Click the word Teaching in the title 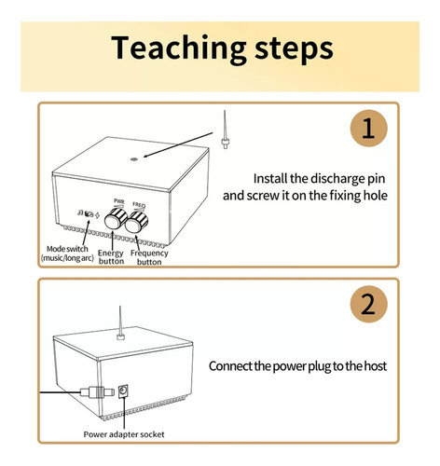[179, 48]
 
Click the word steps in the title [294, 49]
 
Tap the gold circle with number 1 [368, 128]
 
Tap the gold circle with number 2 [368, 304]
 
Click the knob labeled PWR [116, 219]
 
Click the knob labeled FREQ [136, 222]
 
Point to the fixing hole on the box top [134, 159]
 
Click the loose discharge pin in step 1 [225, 130]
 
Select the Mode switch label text [67, 254]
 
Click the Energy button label [111, 257]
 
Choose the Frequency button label [149, 257]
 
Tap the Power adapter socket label [124, 434]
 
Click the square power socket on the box [123, 391]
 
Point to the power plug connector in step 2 [97, 392]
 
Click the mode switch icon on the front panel [89, 213]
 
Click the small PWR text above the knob [119, 201]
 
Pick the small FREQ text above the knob [139, 205]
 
